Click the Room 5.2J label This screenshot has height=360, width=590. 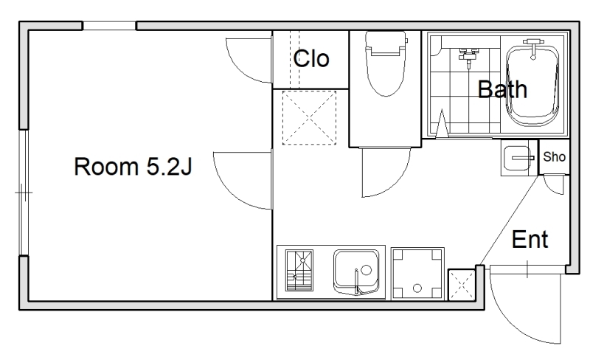click(133, 167)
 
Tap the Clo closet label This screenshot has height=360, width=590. click(311, 58)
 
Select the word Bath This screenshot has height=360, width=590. click(502, 89)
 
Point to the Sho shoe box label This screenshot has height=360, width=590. click(555, 156)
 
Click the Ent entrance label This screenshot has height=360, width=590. click(530, 239)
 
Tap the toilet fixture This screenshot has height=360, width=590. click(386, 63)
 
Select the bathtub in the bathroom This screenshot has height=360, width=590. click(532, 86)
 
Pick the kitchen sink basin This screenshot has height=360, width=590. click(356, 272)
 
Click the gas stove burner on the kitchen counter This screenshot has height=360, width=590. click(299, 271)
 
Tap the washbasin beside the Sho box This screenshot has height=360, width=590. click(518, 158)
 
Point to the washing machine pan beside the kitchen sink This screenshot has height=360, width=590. click(417, 274)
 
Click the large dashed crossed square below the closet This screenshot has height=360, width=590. click(309, 118)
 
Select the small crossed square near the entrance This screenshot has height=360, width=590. click(462, 285)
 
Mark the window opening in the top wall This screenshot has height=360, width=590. click(109, 26)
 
